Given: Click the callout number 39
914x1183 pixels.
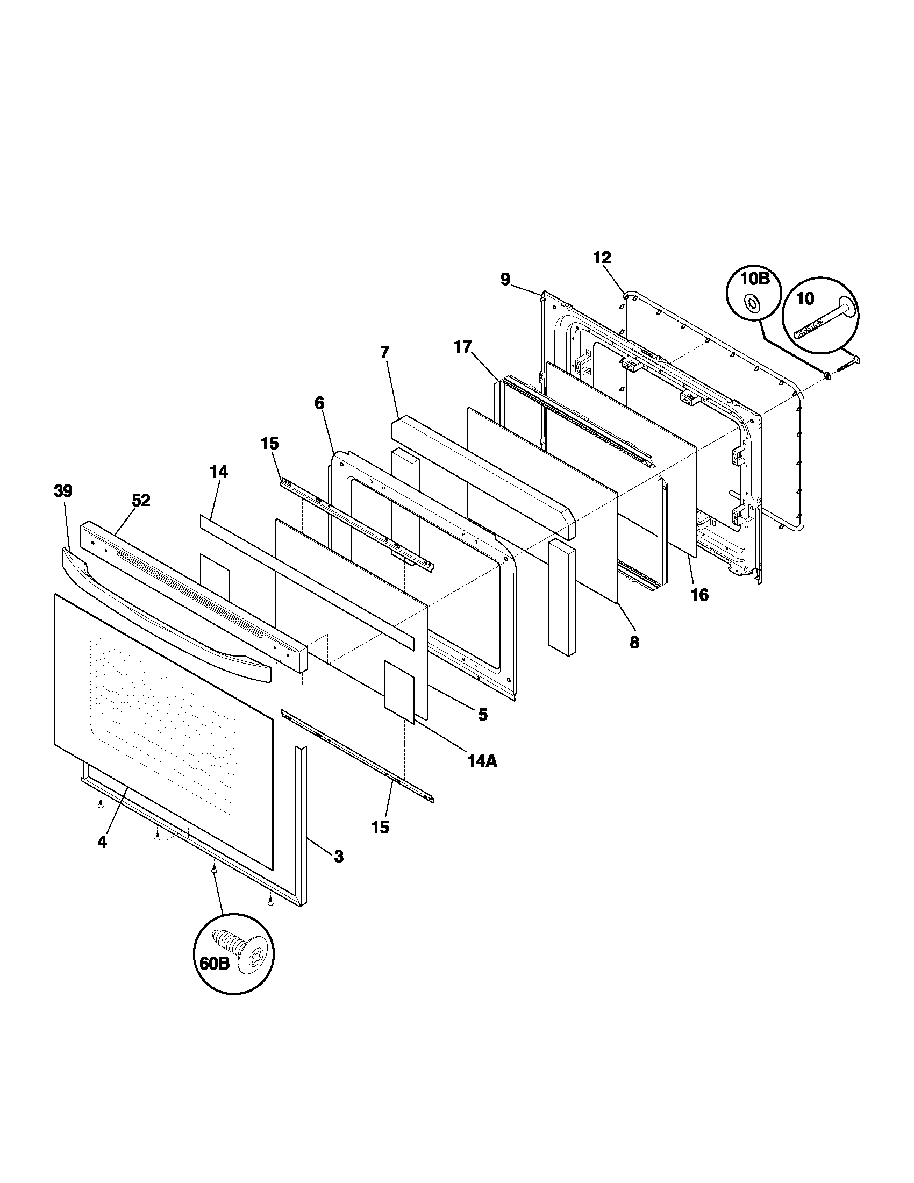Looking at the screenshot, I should click(63, 491).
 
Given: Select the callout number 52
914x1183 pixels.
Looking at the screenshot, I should click(141, 501).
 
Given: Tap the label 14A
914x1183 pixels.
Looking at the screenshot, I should click(482, 761).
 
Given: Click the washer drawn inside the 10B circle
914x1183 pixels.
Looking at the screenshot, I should click(753, 304).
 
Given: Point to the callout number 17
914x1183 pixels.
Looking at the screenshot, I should click(463, 347).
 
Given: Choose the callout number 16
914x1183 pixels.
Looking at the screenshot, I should click(699, 595).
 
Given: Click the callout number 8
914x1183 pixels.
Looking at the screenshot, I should click(634, 643).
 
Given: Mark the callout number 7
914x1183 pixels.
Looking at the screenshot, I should click(384, 353).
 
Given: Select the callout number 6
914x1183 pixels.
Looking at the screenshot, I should click(319, 403).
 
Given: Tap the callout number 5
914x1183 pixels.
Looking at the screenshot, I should click(482, 715).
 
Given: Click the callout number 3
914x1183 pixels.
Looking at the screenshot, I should click(338, 857).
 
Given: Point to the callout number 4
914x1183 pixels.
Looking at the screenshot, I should click(102, 842).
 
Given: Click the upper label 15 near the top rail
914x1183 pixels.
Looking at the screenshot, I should click(270, 444).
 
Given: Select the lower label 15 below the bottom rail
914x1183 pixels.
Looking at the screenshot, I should click(380, 827).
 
